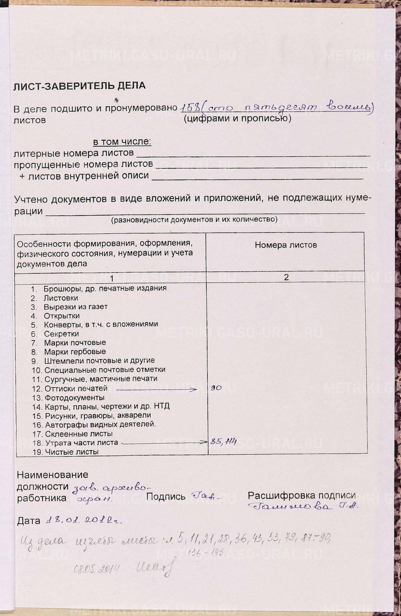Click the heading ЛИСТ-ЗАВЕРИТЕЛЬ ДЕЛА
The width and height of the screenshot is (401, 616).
[x=79, y=86]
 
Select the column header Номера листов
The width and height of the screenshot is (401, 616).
[x=286, y=245]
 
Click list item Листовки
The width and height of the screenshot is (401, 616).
[x=61, y=298]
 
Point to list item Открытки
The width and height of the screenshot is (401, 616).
[x=62, y=316]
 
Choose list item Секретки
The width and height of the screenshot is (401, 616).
[x=61, y=334]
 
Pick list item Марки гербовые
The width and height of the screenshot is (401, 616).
[x=75, y=352]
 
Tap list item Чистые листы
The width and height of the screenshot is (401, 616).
[x=72, y=452]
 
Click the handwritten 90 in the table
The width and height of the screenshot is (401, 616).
[x=216, y=388]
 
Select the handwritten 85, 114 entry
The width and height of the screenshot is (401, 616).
[x=223, y=442]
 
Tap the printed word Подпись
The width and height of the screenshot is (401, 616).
[x=166, y=497]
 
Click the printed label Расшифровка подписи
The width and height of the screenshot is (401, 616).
[x=302, y=495]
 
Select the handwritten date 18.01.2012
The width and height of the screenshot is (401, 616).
[x=83, y=521]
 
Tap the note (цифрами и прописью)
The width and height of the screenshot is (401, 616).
[x=237, y=118]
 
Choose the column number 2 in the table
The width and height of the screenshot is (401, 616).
[x=286, y=278]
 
